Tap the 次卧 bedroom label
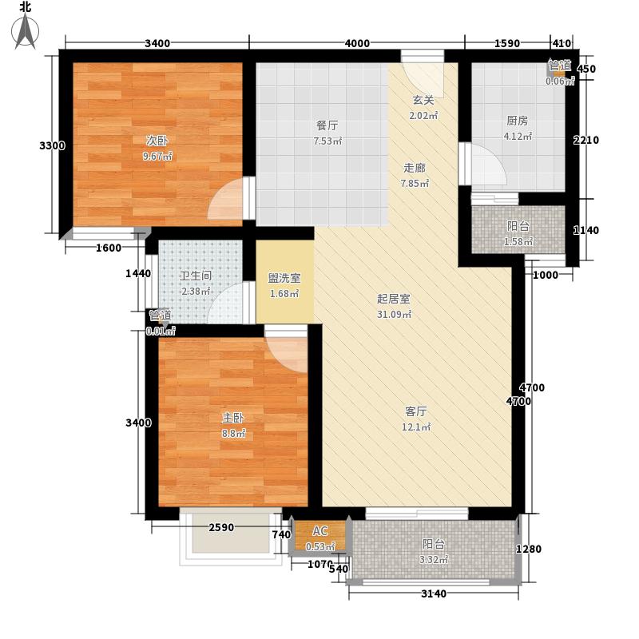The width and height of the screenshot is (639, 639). tap(157, 141)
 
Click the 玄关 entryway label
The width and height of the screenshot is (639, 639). tap(423, 101)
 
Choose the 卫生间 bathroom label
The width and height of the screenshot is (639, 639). tap(195, 276)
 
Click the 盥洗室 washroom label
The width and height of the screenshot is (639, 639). tap(284, 279)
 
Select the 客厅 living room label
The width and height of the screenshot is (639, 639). tap(416, 411)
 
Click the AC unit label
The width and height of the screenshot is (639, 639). tap(319, 532)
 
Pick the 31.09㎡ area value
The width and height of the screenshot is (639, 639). tap(394, 314)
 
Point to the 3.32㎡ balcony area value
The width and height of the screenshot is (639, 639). tap(435, 559)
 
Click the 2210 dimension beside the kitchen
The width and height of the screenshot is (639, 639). tap(585, 141)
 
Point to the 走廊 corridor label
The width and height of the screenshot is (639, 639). tap(415, 168)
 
